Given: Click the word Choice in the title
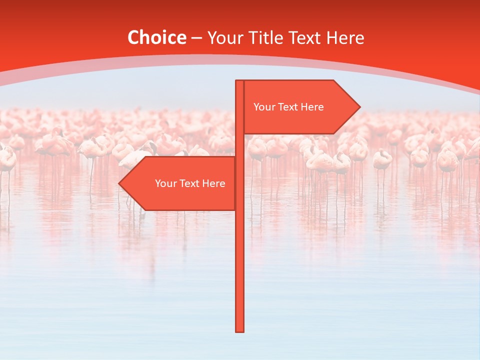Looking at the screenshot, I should click(x=156, y=37).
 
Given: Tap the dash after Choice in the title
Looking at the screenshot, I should click(x=196, y=38).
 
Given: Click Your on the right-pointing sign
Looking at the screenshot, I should click(x=263, y=107).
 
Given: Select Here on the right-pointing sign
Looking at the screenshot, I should click(x=312, y=107).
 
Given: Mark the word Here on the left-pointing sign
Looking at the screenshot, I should click(x=213, y=183).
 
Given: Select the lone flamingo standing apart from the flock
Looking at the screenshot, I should click(x=382, y=160).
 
